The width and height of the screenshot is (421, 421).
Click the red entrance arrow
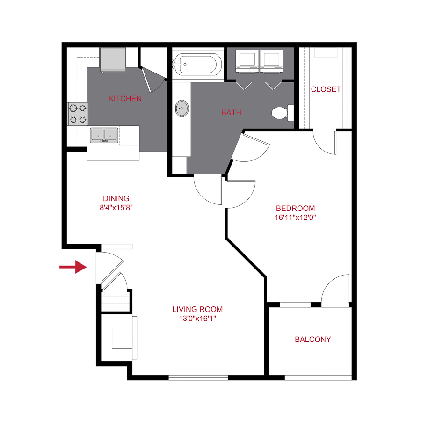(x=73, y=267)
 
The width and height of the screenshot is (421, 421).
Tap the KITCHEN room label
(x=125, y=99)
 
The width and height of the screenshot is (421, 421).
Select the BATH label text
(x=231, y=112)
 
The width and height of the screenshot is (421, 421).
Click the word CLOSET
(x=326, y=89)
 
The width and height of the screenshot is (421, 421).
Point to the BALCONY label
(x=312, y=340)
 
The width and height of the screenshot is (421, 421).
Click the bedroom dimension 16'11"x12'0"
(x=295, y=217)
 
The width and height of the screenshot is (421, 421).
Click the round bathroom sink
(x=181, y=109)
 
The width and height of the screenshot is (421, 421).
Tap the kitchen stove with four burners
(x=78, y=114)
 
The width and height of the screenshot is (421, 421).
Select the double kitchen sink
(x=104, y=135)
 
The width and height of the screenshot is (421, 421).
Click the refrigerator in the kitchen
(x=113, y=59)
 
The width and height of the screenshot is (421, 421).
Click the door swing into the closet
(x=325, y=141)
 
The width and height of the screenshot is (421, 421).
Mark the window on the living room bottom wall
(x=198, y=377)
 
